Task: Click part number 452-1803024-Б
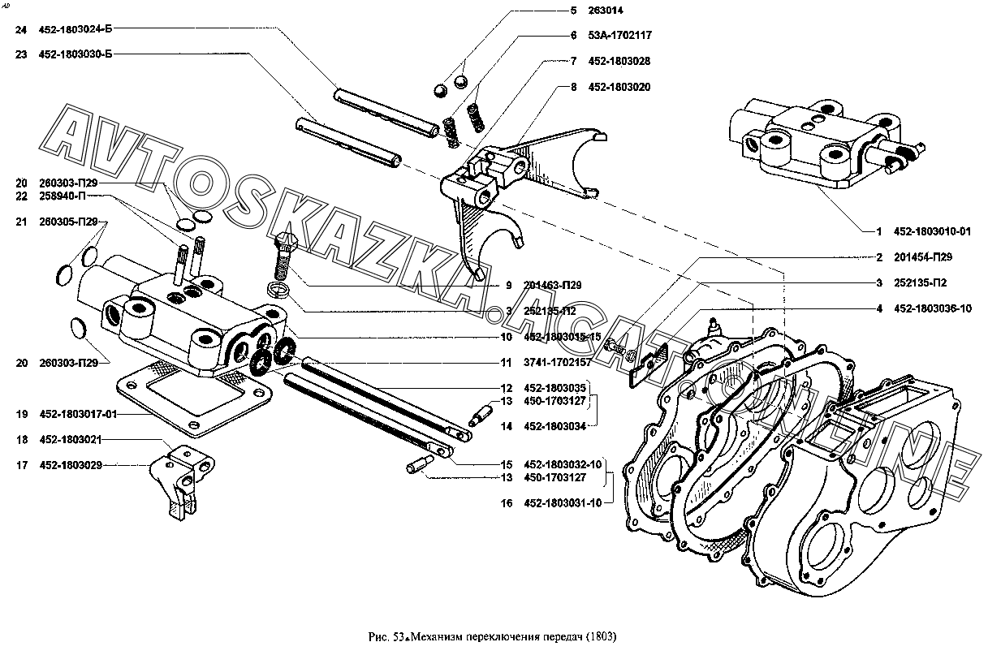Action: coord(76,29)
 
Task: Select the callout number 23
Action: coord(21,54)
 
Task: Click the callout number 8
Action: coord(573,86)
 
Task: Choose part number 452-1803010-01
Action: coord(933,231)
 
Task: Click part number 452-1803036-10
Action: coord(933,308)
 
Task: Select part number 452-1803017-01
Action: coord(79,414)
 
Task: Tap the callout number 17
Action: coord(21,465)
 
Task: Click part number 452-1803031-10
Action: coord(563,503)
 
